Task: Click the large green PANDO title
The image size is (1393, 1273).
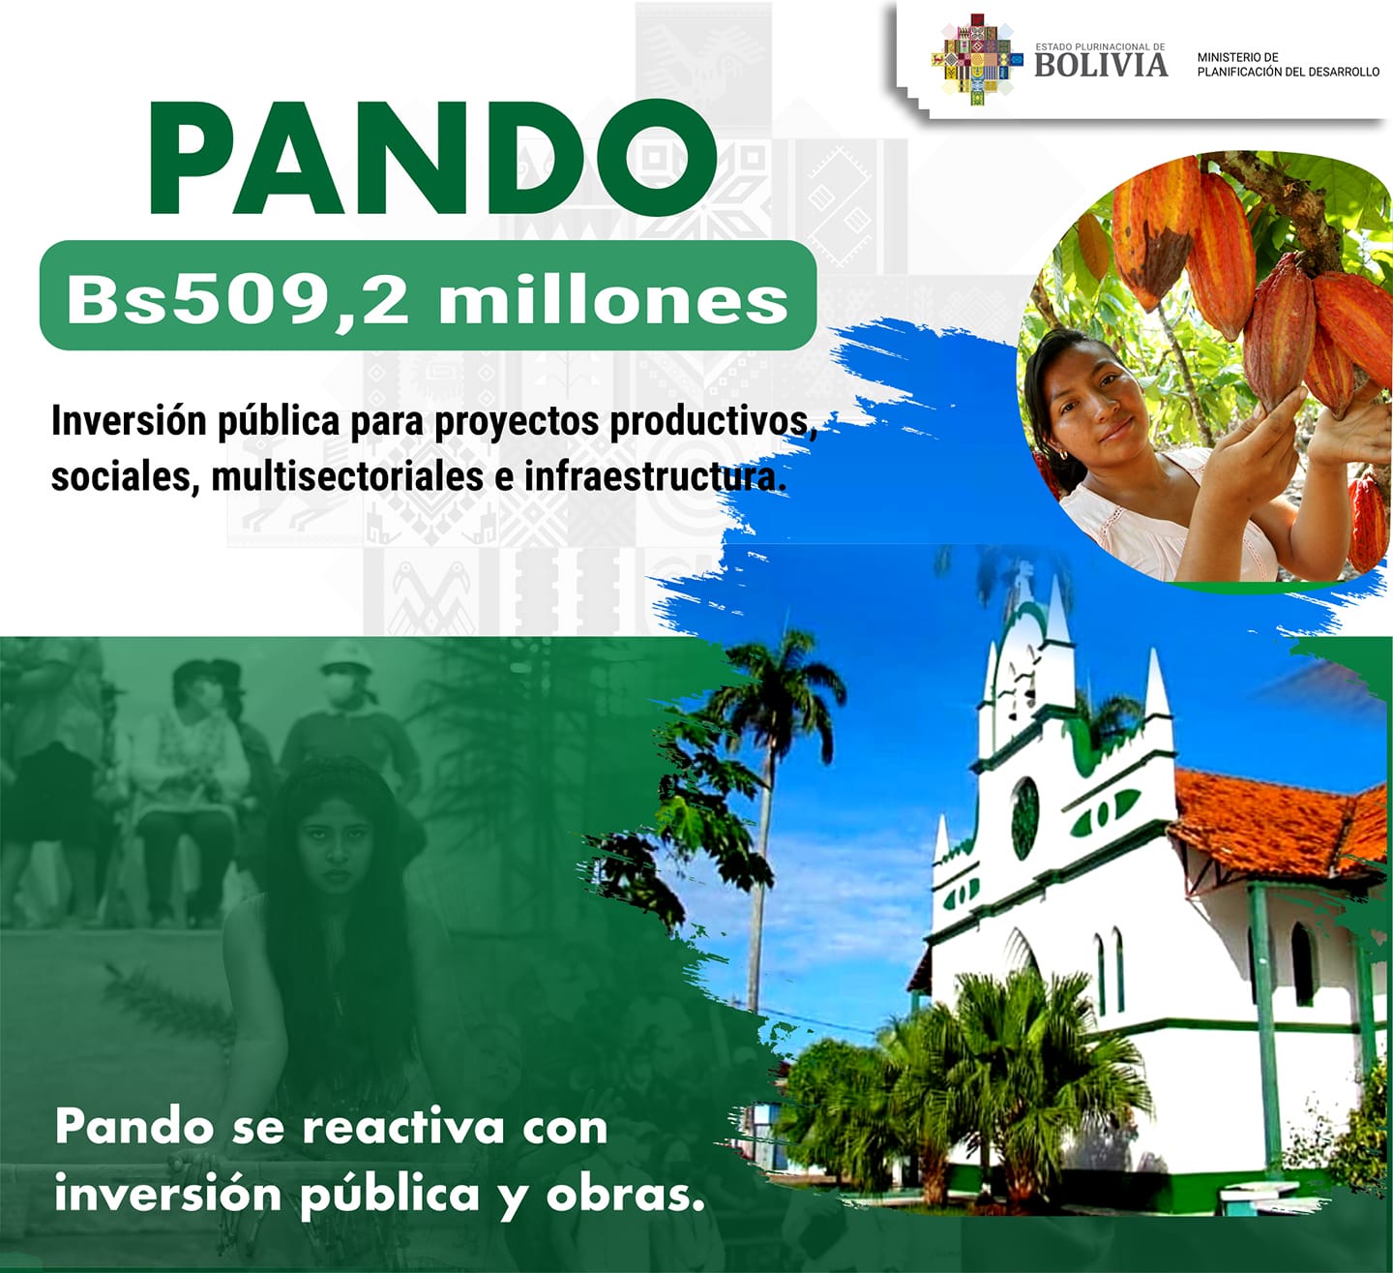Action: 432,158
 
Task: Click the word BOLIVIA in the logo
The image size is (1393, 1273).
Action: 1101,66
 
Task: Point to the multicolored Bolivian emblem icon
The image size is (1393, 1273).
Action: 976,59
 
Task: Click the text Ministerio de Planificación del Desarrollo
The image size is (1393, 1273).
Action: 1288,65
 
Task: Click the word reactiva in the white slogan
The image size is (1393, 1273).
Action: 403,1127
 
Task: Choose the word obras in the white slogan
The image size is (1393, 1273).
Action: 625,1194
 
